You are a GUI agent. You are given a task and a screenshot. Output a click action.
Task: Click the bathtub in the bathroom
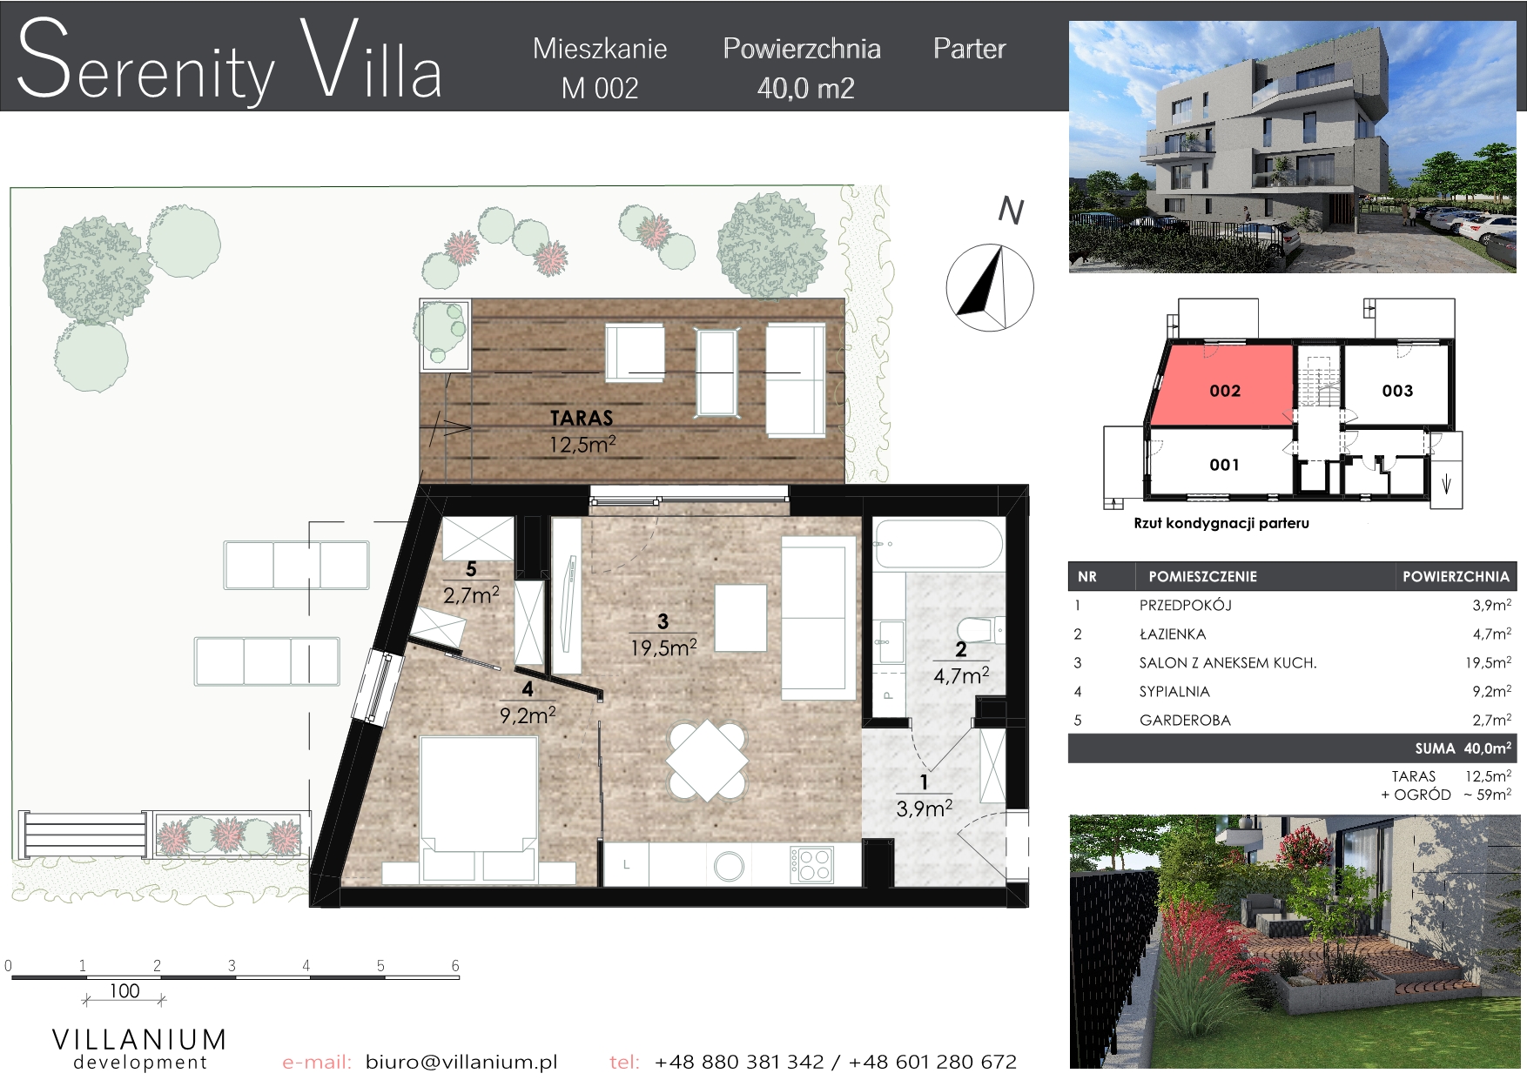click(938, 544)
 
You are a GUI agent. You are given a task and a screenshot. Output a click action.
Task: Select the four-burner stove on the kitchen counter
click(811, 864)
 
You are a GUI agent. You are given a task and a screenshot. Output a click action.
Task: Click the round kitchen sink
click(729, 865)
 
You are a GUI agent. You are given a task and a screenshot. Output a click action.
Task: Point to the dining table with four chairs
click(707, 761)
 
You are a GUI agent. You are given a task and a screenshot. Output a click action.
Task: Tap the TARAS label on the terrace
click(582, 418)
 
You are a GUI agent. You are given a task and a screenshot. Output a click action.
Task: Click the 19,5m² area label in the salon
click(663, 647)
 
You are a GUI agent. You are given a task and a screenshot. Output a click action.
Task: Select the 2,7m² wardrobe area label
click(471, 595)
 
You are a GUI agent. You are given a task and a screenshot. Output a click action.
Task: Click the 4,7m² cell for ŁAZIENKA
click(1491, 634)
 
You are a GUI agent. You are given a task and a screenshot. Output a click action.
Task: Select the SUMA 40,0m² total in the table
click(1463, 748)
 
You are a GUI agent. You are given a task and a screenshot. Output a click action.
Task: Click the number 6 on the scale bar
click(455, 965)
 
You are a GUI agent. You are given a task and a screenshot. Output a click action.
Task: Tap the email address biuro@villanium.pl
click(461, 1062)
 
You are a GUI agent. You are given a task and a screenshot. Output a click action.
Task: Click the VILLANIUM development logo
click(140, 1049)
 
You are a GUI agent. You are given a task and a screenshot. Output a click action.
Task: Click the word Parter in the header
click(969, 49)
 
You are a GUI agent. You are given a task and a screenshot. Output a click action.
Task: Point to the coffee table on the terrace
click(718, 372)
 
